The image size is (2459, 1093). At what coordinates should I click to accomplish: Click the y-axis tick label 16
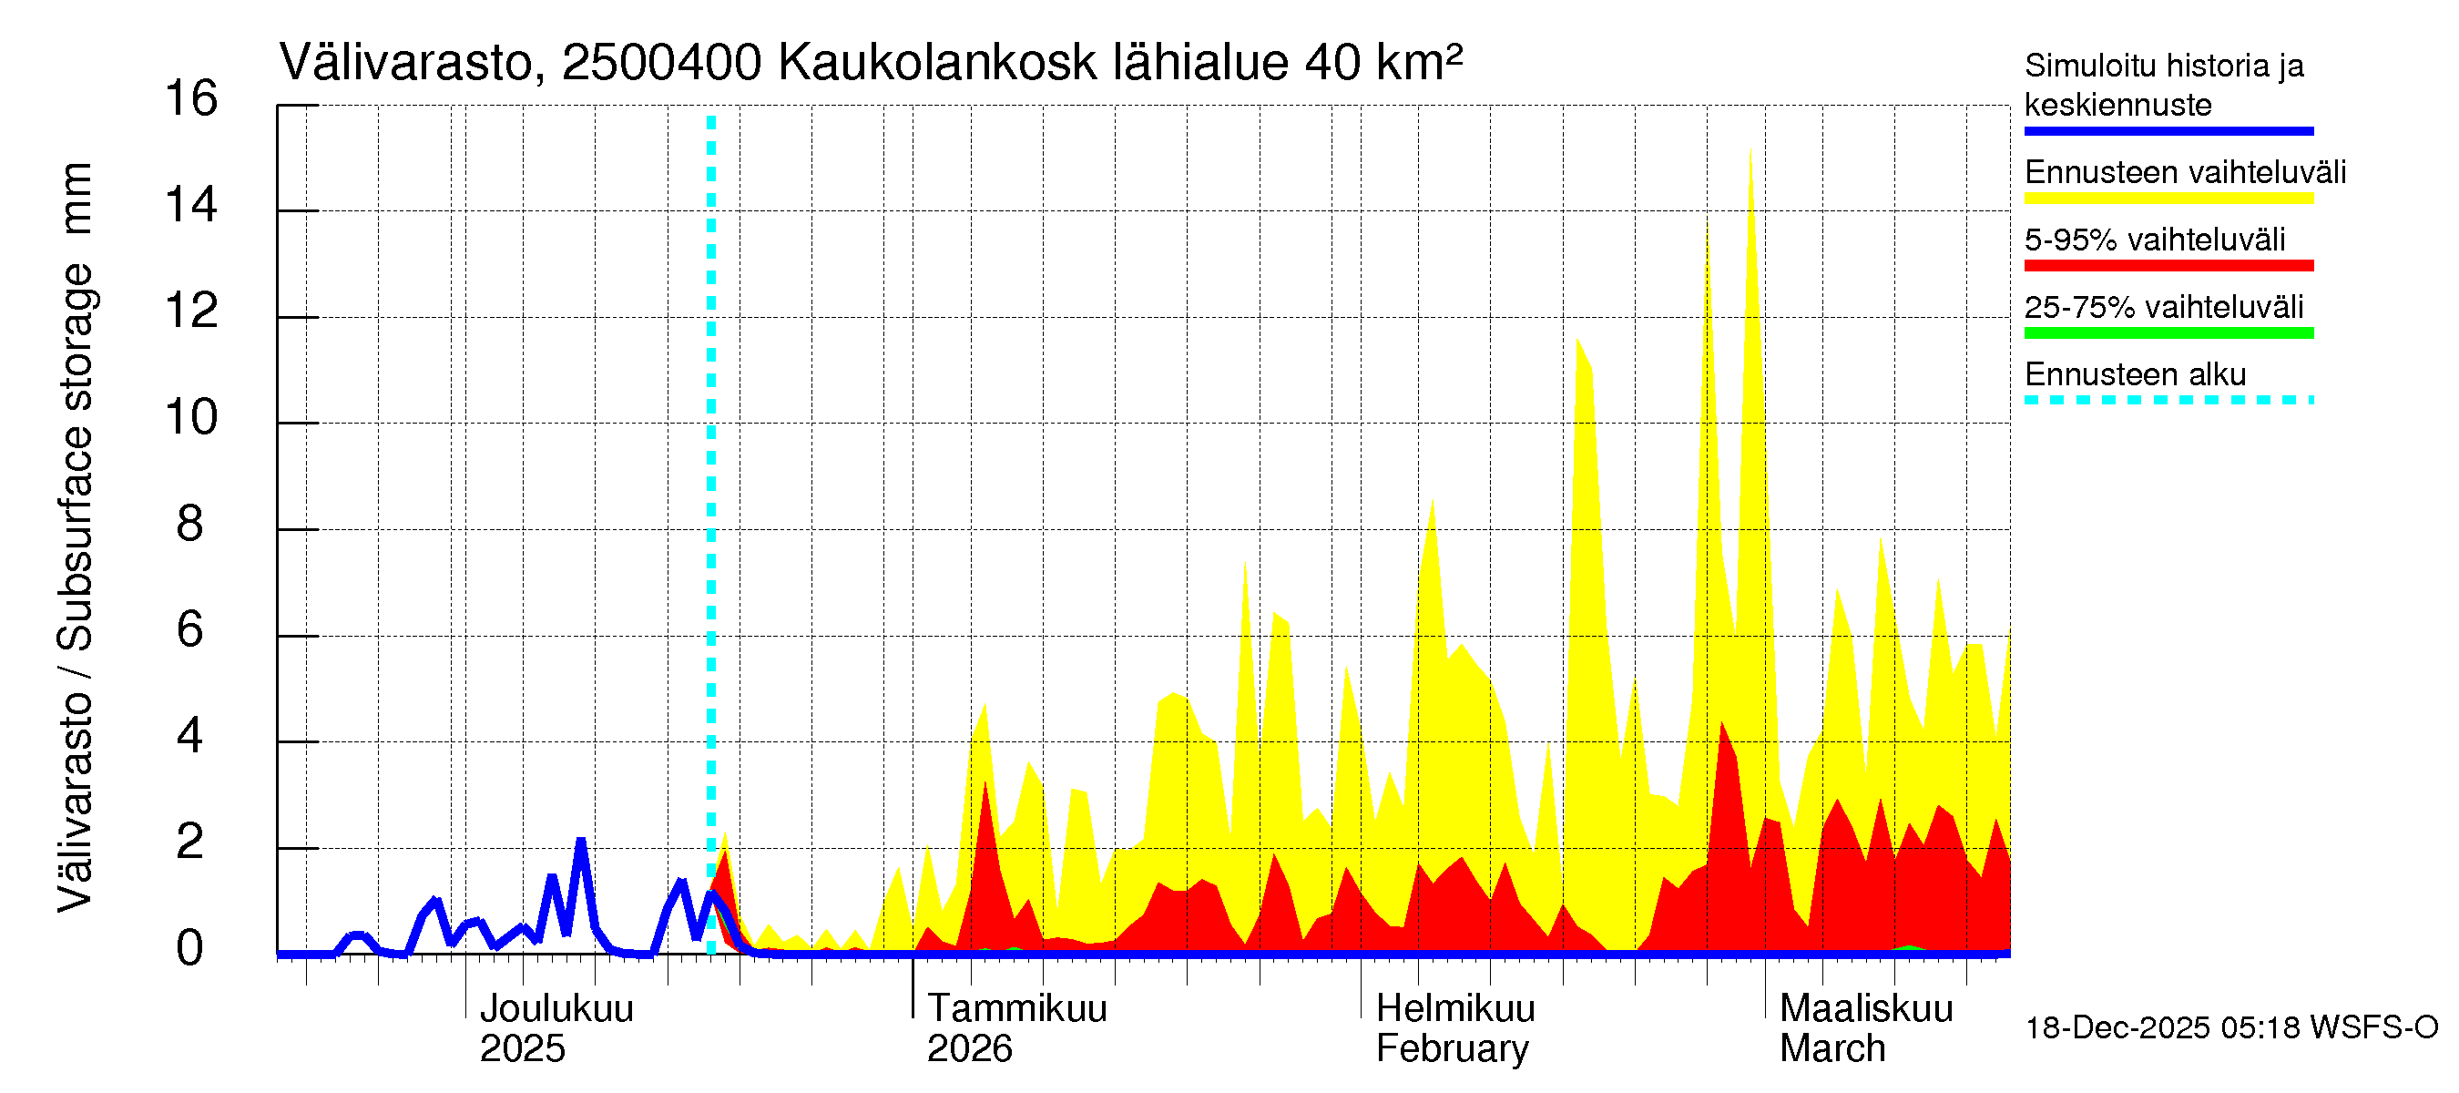coord(191,98)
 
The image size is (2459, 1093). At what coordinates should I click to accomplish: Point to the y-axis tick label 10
coord(191,418)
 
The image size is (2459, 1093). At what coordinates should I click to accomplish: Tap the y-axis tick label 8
coord(190,524)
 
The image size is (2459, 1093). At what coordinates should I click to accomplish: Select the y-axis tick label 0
coord(190,949)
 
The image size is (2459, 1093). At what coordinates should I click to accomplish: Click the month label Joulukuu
coord(556,1009)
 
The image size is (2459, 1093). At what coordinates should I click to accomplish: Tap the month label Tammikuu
coord(1016,1009)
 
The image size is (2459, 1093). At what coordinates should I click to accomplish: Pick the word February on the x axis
coord(1452,1049)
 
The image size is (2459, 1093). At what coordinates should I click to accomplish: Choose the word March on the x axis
coord(1831,1049)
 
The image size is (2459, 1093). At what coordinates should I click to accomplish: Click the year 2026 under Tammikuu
coord(969,1049)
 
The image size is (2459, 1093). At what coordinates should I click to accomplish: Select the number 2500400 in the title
coord(661,63)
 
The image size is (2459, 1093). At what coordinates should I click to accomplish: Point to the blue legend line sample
coord(2168,131)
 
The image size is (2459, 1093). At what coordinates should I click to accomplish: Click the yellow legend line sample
coord(2168,199)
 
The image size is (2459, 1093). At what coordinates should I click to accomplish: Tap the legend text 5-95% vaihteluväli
coord(2155,240)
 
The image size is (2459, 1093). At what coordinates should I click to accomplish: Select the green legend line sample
coord(2168,333)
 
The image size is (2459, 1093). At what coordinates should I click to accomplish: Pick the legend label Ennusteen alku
coord(2136,374)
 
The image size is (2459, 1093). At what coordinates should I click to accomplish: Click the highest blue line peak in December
coord(580,842)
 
